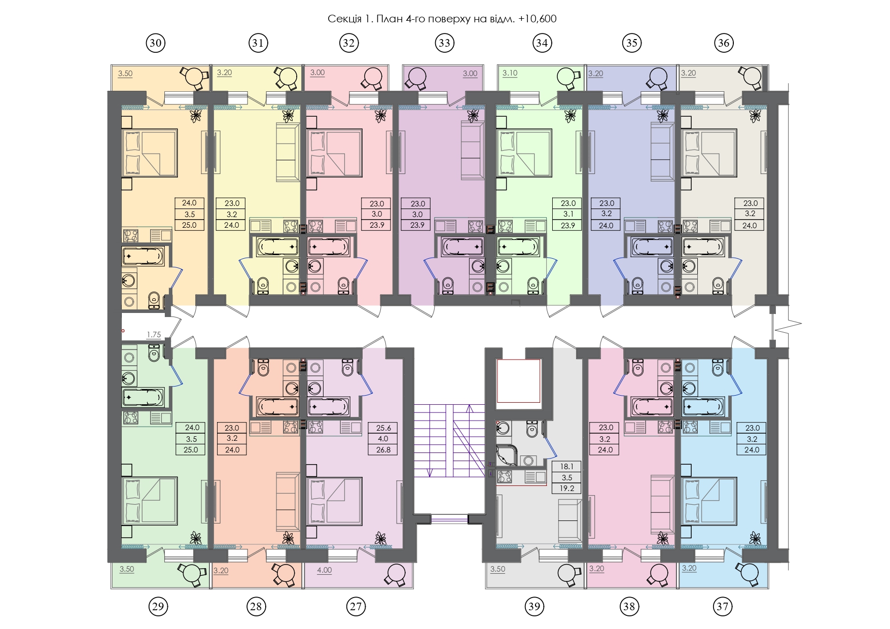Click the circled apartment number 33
point(444,43)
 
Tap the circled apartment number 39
point(535,606)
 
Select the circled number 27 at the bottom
point(357,606)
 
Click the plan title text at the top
point(442,19)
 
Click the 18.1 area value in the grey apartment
point(566,467)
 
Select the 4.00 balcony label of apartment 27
point(325,570)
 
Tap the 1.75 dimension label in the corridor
point(154,335)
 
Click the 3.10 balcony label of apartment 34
point(510,74)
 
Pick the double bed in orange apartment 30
point(150,153)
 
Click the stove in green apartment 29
point(130,417)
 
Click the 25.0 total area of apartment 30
point(189,225)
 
